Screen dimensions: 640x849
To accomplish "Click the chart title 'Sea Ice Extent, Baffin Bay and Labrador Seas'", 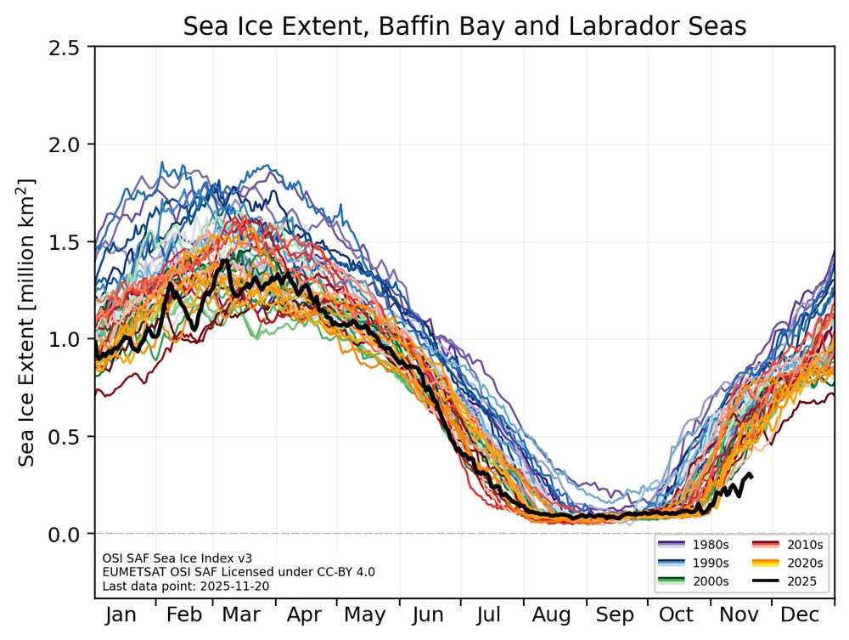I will coord(464,27).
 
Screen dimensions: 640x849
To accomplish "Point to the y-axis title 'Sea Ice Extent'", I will coord(27,322).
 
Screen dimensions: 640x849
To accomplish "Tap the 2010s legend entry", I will coord(790,544).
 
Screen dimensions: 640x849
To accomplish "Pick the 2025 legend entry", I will coord(790,581).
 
